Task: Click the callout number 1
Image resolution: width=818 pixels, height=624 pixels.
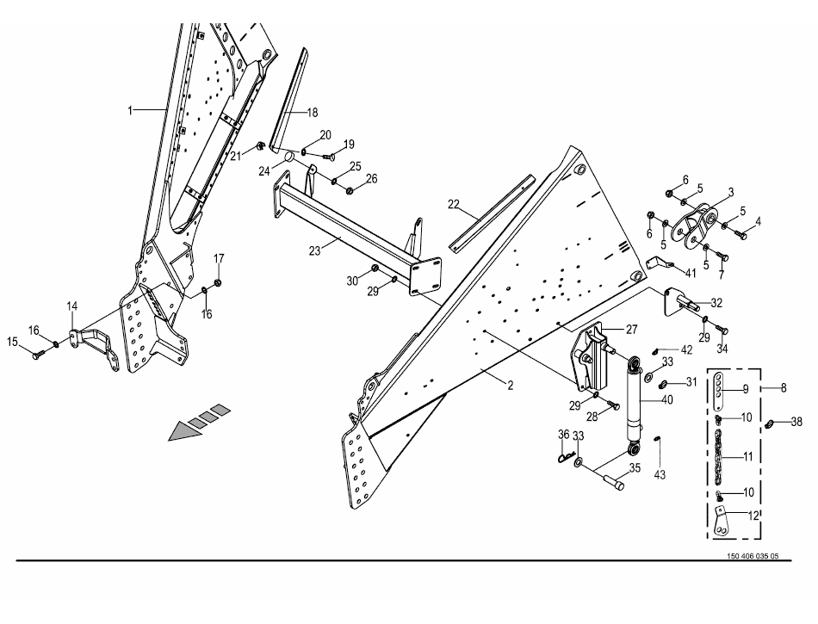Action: pos(131,110)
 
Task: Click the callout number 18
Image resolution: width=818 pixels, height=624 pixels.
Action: pos(312,113)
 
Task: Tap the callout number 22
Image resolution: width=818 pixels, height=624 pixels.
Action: pos(454,205)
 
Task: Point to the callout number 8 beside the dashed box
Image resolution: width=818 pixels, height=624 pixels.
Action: pos(783,388)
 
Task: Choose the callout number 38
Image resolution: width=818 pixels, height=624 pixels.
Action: pos(796,422)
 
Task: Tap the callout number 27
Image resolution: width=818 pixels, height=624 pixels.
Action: pos(631,329)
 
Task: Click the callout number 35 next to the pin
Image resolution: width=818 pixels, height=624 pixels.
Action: pos(635,468)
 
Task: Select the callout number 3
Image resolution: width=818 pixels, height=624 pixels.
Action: pos(730,191)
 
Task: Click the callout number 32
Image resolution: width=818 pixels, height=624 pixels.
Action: pos(716,303)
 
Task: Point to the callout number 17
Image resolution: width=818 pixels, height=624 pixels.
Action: pos(219,258)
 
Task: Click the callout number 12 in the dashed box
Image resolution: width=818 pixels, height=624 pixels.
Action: pos(754,516)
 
